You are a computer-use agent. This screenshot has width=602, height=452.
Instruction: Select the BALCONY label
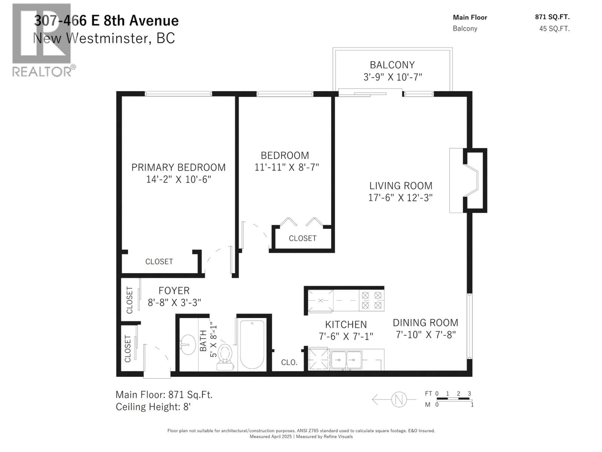tap(392, 65)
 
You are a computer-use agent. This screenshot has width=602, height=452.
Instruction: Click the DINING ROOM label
tap(425, 323)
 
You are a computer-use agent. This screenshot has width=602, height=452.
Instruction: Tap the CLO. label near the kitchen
tap(289, 362)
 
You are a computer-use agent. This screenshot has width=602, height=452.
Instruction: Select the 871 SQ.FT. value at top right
tap(552, 17)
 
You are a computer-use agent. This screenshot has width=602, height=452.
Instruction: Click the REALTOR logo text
tap(42, 72)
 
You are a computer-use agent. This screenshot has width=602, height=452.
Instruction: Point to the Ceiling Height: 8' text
tap(153, 407)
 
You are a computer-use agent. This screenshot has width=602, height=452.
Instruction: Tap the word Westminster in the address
tap(109, 38)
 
